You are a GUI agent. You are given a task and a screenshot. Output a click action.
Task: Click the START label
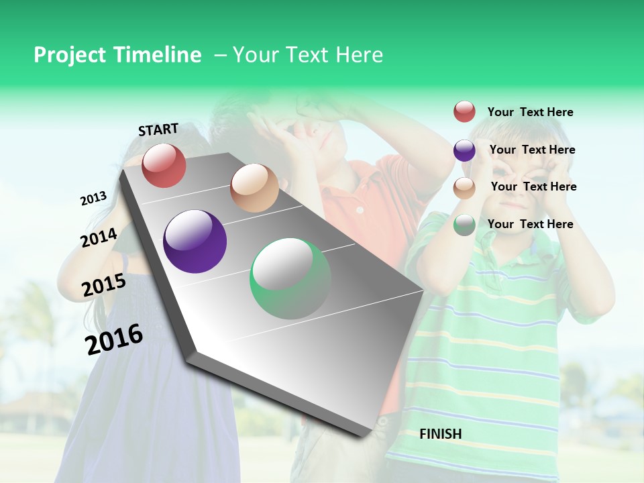pyautogui.click(x=158, y=129)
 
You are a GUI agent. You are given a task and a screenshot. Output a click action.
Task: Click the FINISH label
pyautogui.click(x=441, y=434)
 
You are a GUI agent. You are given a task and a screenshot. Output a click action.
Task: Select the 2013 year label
pyautogui.click(x=94, y=199)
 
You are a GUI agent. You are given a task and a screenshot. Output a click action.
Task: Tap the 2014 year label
pyautogui.click(x=99, y=237)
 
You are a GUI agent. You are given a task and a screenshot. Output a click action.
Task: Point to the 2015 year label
pyautogui.click(x=104, y=285)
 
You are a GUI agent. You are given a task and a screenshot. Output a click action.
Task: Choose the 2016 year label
pyautogui.click(x=114, y=339)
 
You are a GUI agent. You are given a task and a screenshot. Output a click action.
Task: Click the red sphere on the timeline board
pyautogui.click(x=164, y=165)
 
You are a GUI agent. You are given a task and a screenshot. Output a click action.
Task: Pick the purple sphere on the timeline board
pyautogui.click(x=195, y=241)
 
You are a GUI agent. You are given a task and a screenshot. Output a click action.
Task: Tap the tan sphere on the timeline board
pyautogui.click(x=254, y=188)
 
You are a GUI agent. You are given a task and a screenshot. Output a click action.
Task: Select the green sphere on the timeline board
pyautogui.click(x=290, y=278)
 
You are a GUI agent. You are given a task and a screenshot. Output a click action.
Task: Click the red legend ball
pyautogui.click(x=464, y=112)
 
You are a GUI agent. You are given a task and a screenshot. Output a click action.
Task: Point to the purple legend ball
pyautogui.click(x=464, y=150)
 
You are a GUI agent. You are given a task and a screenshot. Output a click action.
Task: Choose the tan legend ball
pyautogui.click(x=464, y=188)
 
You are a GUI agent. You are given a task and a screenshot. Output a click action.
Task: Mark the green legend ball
pyautogui.click(x=464, y=225)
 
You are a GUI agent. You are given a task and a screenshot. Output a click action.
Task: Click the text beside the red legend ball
pyautogui.click(x=530, y=112)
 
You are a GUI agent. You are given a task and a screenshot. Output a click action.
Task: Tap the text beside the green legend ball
pyautogui.click(x=530, y=224)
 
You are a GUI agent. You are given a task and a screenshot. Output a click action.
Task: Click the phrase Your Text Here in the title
pyautogui.click(x=308, y=55)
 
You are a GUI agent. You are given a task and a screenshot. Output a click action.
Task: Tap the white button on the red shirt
pyautogui.click(x=360, y=210)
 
